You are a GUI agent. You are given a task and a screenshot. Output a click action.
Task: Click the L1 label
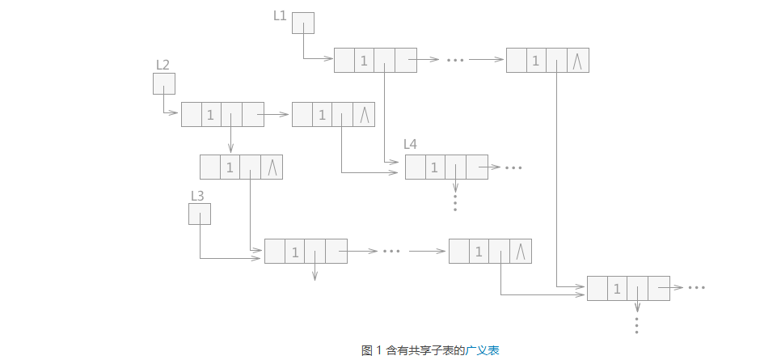click(280, 15)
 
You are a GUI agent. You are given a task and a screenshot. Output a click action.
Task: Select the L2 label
click(163, 65)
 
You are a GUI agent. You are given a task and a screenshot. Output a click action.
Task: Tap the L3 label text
click(197, 195)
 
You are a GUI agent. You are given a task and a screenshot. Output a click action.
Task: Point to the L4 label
click(411, 145)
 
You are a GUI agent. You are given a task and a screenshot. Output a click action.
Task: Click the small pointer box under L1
click(302, 23)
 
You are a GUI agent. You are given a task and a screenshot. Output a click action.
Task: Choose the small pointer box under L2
click(163, 83)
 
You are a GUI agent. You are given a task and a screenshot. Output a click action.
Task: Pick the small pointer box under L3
click(199, 214)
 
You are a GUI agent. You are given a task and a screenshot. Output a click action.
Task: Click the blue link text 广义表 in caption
click(483, 350)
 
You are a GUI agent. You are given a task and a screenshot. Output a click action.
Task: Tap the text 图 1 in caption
click(371, 350)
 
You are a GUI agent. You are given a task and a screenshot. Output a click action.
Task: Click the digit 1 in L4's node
click(434, 167)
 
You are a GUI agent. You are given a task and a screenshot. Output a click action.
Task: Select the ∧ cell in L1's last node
click(577, 61)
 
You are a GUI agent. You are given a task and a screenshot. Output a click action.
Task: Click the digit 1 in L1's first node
click(364, 61)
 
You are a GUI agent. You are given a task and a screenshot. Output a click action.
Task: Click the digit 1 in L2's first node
click(211, 115)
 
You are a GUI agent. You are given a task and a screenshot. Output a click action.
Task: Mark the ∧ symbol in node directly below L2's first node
click(272, 167)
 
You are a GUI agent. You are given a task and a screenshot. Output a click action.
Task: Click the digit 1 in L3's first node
click(295, 252)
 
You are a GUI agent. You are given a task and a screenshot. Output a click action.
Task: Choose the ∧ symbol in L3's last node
click(521, 252)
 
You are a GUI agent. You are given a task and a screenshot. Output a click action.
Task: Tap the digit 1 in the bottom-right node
click(617, 289)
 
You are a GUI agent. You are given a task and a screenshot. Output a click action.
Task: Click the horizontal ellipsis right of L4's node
click(513, 167)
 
